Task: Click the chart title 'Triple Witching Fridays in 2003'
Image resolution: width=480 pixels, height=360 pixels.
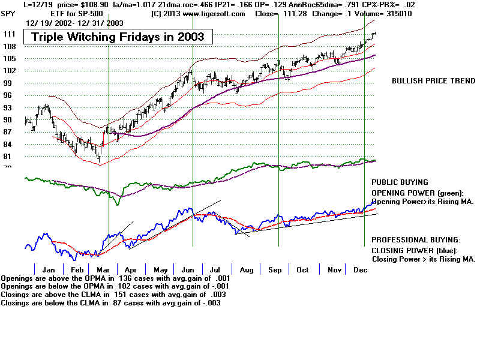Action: tap(118, 37)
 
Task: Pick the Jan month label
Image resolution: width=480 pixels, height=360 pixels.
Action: tap(49, 270)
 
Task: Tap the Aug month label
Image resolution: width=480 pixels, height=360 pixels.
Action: tap(245, 270)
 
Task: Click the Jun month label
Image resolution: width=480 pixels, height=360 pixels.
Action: tap(187, 270)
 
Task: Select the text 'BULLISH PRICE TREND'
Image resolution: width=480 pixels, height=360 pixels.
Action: tap(433, 81)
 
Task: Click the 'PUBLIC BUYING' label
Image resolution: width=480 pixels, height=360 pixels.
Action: tap(400, 182)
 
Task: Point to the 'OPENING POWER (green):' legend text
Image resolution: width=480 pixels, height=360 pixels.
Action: tap(418, 193)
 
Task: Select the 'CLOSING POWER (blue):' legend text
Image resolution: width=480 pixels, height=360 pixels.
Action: tap(415, 250)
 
